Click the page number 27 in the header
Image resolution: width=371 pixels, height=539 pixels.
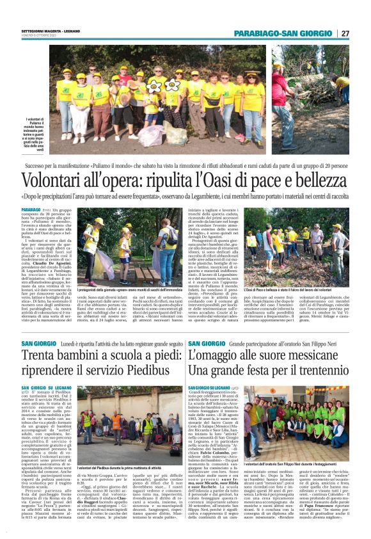coord(345,34)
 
